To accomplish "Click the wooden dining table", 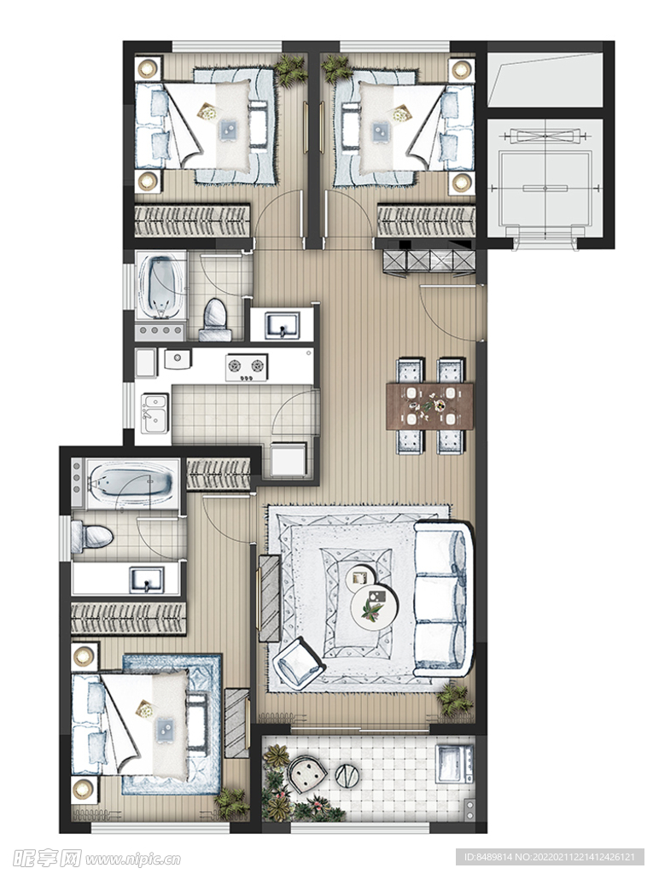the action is tap(431, 405).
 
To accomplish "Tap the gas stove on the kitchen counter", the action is tap(246, 367).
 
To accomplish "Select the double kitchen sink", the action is tap(155, 413).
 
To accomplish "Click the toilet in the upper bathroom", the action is tap(215, 320).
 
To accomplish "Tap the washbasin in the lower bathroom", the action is tap(147, 580).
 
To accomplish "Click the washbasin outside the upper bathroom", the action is tap(283, 323).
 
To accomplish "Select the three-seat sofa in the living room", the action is tap(443, 598).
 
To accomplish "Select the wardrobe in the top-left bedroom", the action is tap(192, 221).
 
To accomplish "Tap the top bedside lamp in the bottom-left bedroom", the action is tap(85, 656).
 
